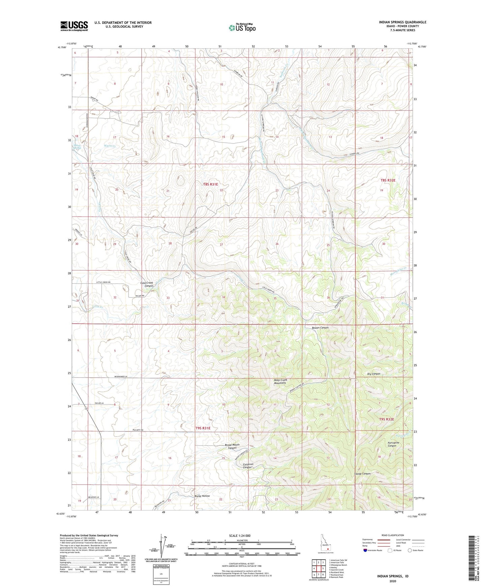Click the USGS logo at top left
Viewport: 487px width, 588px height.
point(74,26)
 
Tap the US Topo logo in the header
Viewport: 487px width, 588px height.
point(242,28)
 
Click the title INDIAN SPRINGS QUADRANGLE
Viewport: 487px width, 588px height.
point(402,22)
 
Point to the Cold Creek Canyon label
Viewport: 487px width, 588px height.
point(147,284)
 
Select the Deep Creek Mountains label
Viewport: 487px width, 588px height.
point(280,382)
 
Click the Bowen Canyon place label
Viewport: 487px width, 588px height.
point(320,328)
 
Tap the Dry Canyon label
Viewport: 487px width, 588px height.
point(373,374)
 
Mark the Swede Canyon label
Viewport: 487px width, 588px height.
point(362,473)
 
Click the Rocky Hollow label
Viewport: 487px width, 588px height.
point(202,496)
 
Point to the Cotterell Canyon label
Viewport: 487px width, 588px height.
point(248,465)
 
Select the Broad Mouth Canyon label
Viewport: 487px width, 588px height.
point(232,446)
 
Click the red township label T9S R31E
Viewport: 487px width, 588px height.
point(203,428)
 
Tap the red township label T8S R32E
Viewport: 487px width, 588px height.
point(388,180)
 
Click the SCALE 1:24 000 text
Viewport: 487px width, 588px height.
point(240,535)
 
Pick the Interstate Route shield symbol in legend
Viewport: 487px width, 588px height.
point(365,551)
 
